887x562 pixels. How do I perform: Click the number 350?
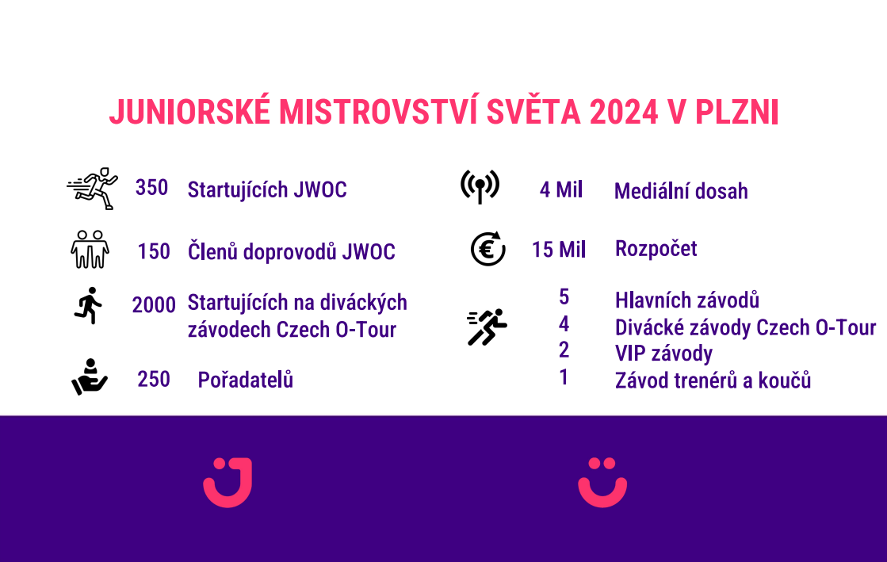(x=151, y=188)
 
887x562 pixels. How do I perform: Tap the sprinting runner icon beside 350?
(x=93, y=189)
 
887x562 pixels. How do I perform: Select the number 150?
(x=153, y=251)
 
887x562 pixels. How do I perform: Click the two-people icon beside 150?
(x=90, y=249)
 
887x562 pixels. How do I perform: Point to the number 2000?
(x=153, y=305)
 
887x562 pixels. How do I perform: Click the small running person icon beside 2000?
(x=88, y=306)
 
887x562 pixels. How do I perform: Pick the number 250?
(x=153, y=379)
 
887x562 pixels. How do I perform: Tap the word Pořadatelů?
(x=246, y=380)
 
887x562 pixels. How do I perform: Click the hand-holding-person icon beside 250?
(x=90, y=377)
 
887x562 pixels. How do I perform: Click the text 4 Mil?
(x=560, y=189)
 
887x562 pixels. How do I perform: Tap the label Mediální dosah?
(x=681, y=191)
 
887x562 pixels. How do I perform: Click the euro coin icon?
(x=487, y=249)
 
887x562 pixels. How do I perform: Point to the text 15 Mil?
(x=558, y=250)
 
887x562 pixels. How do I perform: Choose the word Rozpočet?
(x=656, y=249)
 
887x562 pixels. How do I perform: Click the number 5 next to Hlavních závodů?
(x=564, y=297)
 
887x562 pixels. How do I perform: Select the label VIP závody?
(x=663, y=354)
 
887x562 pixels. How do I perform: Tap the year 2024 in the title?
(x=624, y=112)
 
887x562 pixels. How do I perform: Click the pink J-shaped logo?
(x=227, y=482)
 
